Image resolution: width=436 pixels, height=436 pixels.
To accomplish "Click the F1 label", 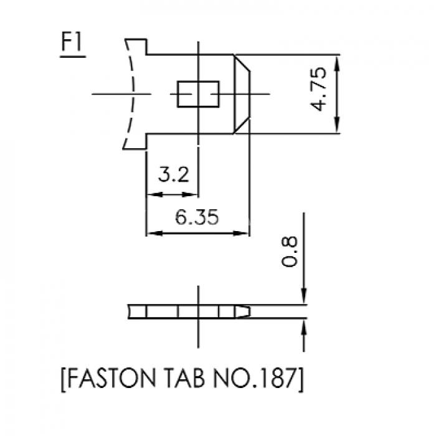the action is click(x=72, y=42).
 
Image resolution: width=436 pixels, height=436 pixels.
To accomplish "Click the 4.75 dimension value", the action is click(x=318, y=89).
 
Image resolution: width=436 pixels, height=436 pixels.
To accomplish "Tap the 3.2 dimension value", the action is click(x=174, y=174).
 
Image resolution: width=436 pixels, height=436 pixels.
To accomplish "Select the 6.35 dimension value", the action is click(x=197, y=217).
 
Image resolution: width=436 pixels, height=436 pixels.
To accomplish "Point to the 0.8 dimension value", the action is click(x=290, y=252).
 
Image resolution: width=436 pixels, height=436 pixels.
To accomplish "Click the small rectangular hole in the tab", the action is click(x=198, y=94).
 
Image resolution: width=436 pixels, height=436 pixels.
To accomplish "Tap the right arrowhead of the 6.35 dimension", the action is click(x=241, y=233).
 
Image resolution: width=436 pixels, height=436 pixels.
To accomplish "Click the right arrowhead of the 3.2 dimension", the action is click(x=190, y=194).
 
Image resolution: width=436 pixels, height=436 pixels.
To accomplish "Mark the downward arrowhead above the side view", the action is click(x=304, y=296).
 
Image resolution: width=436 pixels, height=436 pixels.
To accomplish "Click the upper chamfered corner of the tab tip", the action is click(x=242, y=63).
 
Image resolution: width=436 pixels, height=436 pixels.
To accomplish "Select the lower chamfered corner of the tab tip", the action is click(x=242, y=125).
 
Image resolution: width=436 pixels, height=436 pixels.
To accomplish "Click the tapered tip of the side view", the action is click(x=243, y=311).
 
